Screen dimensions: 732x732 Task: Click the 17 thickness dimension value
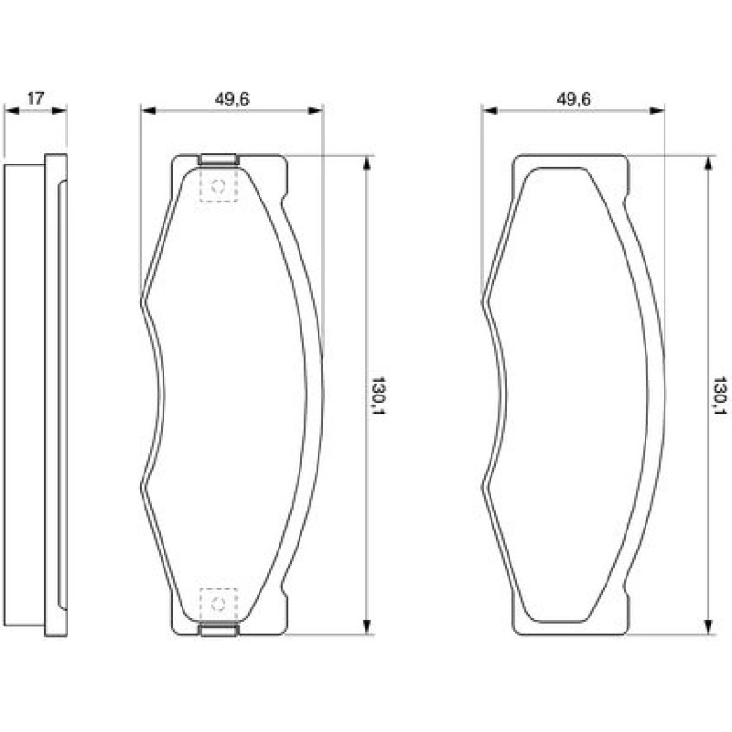pyautogui.click(x=35, y=99)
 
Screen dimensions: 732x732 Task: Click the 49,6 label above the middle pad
pyautogui.click(x=232, y=99)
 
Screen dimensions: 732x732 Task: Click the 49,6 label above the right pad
pyautogui.click(x=574, y=99)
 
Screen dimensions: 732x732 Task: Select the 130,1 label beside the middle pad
pyautogui.click(x=377, y=395)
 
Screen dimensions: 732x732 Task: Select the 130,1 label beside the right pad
pyautogui.click(x=720, y=395)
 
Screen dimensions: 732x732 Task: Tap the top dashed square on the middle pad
pyautogui.click(x=219, y=185)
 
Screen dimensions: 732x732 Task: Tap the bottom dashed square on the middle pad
pyautogui.click(x=219, y=605)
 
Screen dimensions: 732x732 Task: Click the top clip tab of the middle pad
pyautogui.click(x=219, y=160)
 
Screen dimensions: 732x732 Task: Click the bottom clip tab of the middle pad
pyautogui.click(x=219, y=630)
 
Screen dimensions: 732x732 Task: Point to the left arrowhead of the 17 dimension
pyautogui.click(x=11, y=111)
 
